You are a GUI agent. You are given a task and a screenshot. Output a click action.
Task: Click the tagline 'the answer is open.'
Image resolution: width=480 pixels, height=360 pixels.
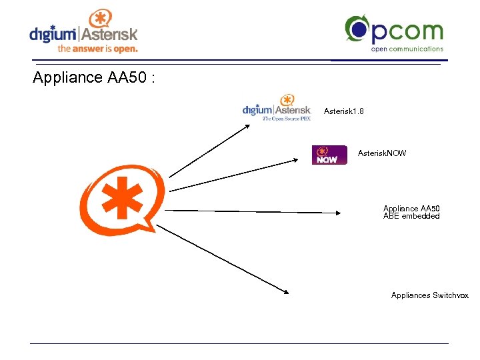coord(97,49)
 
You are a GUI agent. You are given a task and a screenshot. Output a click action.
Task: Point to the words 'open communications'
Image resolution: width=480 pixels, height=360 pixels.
coord(407,49)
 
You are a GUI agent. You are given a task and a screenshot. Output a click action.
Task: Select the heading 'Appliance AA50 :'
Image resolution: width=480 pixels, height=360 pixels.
coord(94,78)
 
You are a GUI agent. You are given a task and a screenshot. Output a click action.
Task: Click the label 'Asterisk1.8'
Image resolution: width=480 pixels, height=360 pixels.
coord(343,111)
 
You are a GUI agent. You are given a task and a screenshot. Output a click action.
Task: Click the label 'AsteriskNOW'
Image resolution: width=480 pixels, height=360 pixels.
coord(381,153)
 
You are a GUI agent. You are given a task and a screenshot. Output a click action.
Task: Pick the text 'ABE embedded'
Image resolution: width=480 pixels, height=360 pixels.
coord(411,216)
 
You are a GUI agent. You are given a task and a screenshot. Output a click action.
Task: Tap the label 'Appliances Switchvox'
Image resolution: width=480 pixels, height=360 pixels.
coord(429,295)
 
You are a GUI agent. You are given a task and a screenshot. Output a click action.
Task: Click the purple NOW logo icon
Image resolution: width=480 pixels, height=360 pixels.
coord(329,155)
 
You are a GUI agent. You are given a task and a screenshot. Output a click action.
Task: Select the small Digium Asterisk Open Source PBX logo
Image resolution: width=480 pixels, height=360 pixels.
coord(276,107)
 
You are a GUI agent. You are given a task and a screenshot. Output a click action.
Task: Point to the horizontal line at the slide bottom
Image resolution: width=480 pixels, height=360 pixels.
coord(239,344)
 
